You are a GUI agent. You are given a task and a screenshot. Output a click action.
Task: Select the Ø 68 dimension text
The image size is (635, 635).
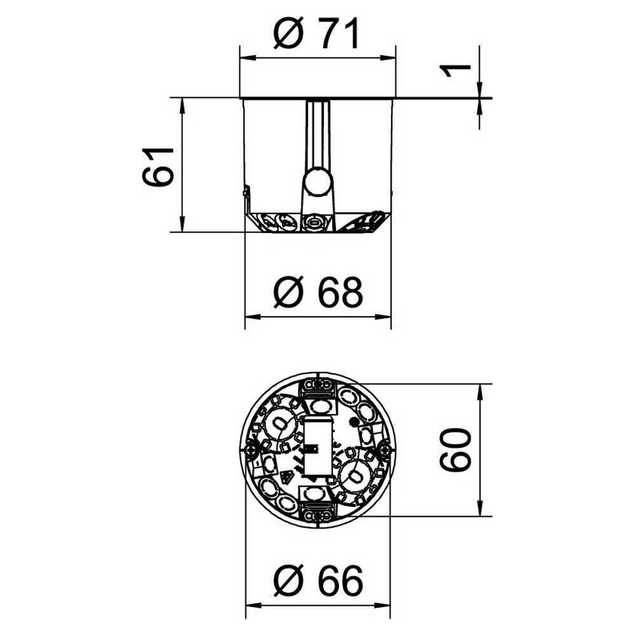click(318, 292)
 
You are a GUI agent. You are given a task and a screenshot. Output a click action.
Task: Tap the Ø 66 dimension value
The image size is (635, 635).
click(318, 581)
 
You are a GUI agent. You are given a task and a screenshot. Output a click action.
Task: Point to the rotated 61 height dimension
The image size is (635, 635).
click(158, 166)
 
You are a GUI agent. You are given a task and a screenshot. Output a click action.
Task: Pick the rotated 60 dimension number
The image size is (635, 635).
click(455, 450)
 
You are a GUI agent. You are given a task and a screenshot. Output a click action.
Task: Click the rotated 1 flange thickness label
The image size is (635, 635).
click(456, 71)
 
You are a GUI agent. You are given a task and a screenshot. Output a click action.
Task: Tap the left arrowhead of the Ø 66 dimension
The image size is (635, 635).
click(254, 606)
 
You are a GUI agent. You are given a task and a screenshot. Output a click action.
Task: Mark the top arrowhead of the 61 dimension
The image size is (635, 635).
click(182, 106)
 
